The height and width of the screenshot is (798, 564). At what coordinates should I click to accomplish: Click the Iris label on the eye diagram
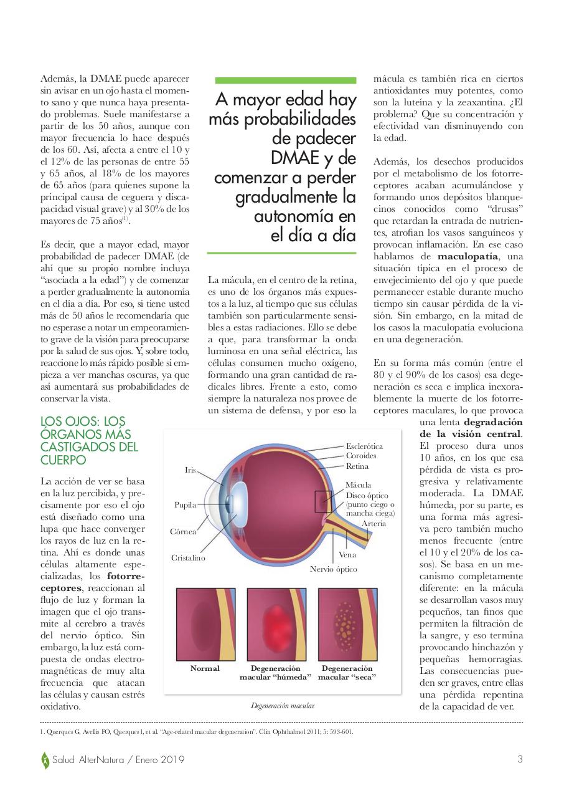coord(190,469)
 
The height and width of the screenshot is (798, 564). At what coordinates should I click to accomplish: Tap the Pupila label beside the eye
coord(185,504)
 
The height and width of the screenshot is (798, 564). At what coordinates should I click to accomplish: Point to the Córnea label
coord(183,532)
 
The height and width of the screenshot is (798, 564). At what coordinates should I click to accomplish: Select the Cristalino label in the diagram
coord(188,558)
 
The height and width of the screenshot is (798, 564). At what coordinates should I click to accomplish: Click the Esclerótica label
coord(364,446)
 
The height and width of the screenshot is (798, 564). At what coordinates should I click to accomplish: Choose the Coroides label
coord(361,456)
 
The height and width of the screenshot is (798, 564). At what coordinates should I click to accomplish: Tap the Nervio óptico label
coord(334,569)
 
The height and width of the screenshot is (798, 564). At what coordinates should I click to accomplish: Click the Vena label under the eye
coord(347,554)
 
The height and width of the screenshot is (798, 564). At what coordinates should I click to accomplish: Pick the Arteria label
coord(374,523)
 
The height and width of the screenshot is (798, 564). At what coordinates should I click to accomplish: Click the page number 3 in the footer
coord(520,759)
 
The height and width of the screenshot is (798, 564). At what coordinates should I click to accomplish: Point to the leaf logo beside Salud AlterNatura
coord(45,760)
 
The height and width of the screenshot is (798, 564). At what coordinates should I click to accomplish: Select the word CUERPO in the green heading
coord(63,460)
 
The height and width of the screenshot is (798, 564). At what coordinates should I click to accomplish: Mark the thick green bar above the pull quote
coord(286,80)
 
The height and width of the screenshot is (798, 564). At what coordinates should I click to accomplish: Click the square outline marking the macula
coord(324,501)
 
